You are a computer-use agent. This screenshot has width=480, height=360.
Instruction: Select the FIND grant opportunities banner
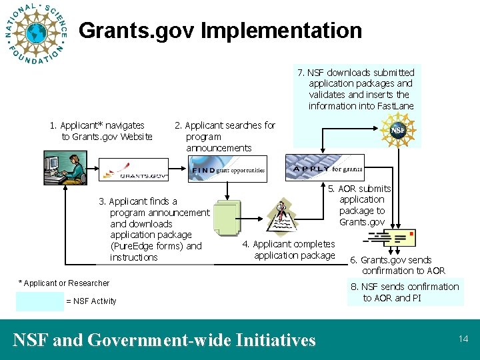227,169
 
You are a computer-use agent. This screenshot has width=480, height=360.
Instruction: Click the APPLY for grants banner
325,168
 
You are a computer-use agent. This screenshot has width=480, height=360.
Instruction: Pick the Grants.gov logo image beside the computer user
141,170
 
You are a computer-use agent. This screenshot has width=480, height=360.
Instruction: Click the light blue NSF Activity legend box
39,301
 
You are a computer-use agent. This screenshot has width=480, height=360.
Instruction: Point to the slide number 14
463,339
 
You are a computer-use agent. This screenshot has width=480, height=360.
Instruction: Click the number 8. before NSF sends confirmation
354,287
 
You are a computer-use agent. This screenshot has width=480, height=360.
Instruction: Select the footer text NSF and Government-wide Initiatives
164,340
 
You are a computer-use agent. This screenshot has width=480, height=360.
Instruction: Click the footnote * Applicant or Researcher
63,283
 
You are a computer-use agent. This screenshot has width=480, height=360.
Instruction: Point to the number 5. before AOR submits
331,189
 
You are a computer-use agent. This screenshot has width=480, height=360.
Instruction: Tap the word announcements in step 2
219,148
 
